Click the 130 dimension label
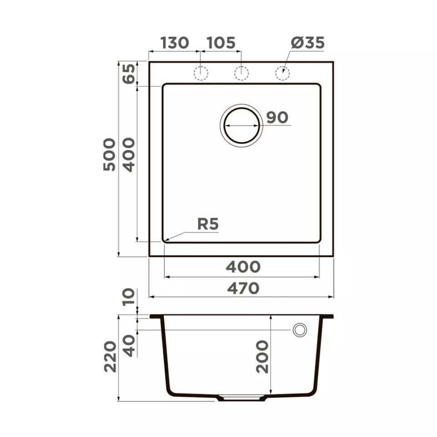coord(175,43)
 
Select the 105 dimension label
coord(221,43)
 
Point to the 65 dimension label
coord(129,73)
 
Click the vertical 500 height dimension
coord(109,155)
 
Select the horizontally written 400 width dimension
coord(243,267)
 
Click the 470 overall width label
coord(243,288)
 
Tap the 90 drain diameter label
coord(277,117)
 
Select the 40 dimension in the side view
coord(129,346)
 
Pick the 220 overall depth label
coord(110,357)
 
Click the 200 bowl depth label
coord(262,357)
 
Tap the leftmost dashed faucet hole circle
coord(201,73)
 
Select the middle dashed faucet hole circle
coord(241,73)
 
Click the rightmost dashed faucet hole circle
coord(282,73)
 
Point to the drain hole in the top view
coord(241,125)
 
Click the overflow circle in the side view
coord(300,330)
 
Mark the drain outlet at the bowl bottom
coord(241,398)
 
